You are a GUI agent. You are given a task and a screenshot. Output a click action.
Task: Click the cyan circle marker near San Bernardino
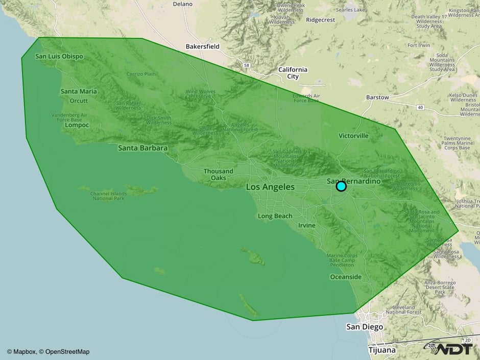click(x=341, y=186)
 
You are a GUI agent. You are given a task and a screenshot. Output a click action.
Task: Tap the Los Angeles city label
click(x=270, y=187)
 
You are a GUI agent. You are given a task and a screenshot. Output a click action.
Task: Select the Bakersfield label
click(x=202, y=46)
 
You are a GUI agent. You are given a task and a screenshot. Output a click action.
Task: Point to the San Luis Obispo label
click(x=59, y=56)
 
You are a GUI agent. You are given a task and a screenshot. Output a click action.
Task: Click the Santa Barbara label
click(x=142, y=148)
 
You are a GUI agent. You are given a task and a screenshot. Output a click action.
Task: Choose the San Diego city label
click(x=365, y=327)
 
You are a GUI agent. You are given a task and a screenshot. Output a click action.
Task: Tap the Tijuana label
click(x=381, y=350)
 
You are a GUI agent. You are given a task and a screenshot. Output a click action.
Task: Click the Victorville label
click(x=353, y=136)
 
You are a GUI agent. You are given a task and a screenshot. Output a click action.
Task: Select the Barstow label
click(x=377, y=97)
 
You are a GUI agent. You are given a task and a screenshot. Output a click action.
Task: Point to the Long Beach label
click(x=275, y=216)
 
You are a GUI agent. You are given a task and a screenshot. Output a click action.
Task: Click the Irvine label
click(x=307, y=225)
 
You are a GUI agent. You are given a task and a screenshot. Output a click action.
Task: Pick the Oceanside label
click(x=346, y=277)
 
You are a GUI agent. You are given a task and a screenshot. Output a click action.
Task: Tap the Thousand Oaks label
click(x=218, y=175)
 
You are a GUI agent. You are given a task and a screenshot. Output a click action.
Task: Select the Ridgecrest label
click(x=320, y=20)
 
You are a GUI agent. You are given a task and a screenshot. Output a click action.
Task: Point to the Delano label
click(x=183, y=4)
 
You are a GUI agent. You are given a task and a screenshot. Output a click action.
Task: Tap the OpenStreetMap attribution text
click(x=67, y=351)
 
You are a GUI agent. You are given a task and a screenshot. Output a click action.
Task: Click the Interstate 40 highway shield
click(x=420, y=107)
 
